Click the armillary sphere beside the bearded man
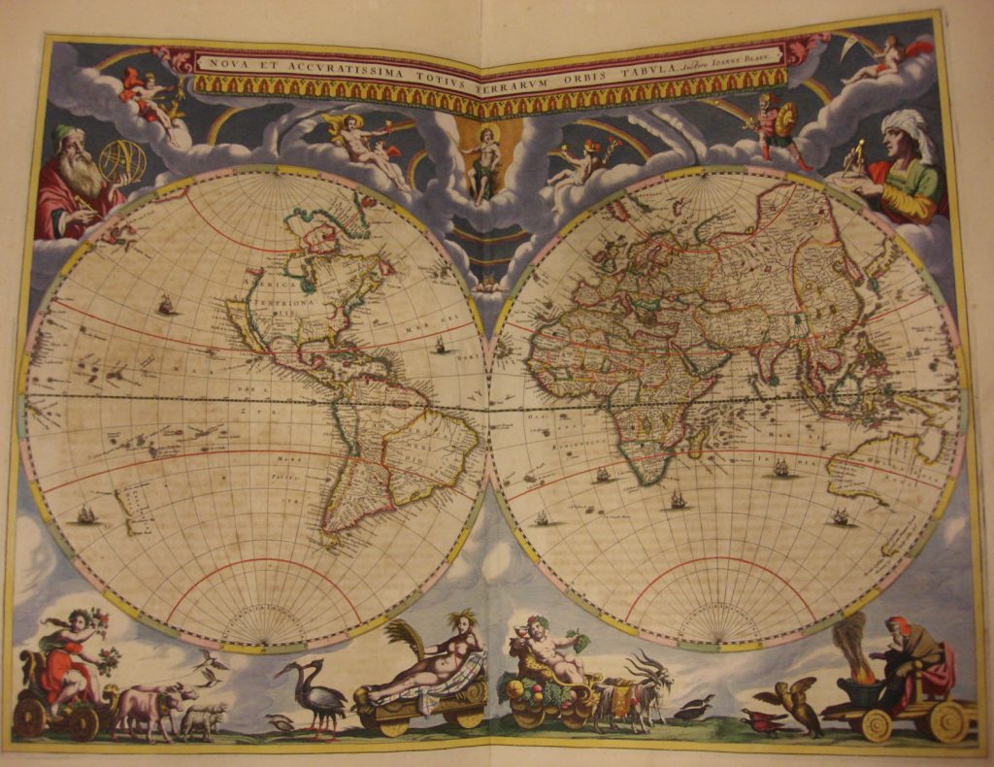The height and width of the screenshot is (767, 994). pos(122,161)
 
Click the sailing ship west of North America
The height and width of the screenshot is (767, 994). pos(166,305)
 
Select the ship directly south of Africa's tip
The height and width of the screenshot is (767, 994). pos(678,500)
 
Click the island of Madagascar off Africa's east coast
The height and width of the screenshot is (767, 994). pos(697,443)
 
